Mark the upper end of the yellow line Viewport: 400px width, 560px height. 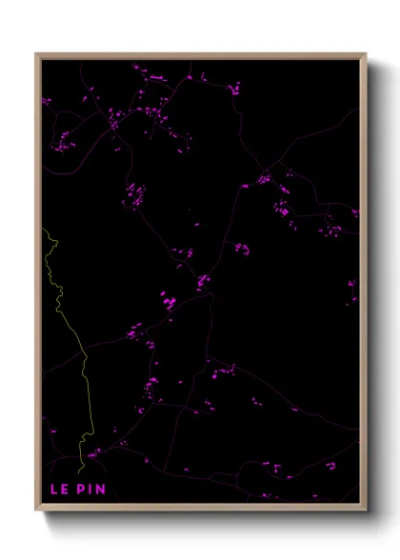pos(42,229)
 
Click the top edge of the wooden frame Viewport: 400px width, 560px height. pos(200,55)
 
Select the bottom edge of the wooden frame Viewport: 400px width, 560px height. pos(200,508)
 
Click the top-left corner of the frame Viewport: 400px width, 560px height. pos(37,55)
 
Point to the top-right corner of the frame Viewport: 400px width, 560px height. pos(364,55)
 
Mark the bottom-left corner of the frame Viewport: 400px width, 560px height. pos(37,508)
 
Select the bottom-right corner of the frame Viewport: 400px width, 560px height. pos(364,508)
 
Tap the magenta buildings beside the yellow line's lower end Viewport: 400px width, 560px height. pos(93,455)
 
